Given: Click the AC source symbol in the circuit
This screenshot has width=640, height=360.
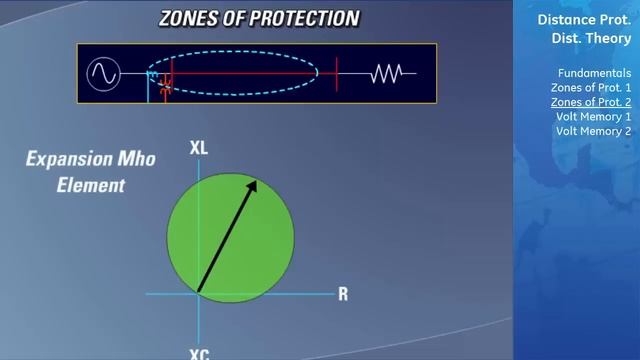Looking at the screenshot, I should pyautogui.click(x=103, y=74).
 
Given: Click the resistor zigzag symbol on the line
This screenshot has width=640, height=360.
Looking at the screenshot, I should pyautogui.click(x=387, y=73).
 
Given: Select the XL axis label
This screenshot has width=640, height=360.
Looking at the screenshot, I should pyautogui.click(x=198, y=148).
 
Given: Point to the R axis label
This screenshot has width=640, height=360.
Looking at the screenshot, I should pyautogui.click(x=343, y=294).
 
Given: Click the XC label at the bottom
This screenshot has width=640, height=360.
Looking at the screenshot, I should pyautogui.click(x=199, y=353).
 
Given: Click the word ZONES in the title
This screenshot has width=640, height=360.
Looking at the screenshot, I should pyautogui.click(x=193, y=19).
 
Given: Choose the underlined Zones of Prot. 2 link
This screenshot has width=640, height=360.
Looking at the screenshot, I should pyautogui.click(x=591, y=102).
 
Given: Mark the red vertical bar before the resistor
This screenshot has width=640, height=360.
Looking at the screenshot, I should pyautogui.click(x=337, y=73).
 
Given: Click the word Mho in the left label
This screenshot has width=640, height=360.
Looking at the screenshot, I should pyautogui.click(x=134, y=159).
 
